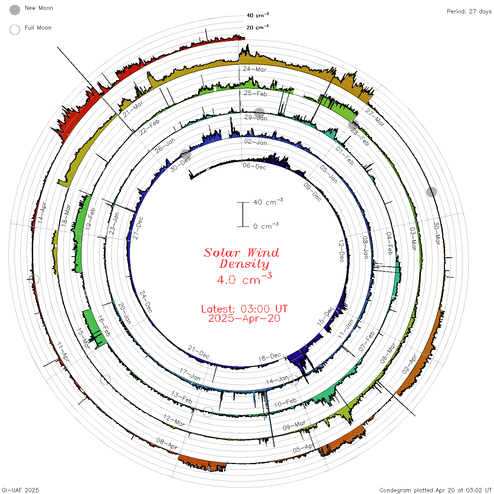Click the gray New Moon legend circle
(x=15, y=10)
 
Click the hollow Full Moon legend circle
(x=15, y=30)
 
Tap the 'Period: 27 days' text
(x=469, y=12)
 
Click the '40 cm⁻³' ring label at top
(x=258, y=15)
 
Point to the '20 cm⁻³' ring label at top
(x=258, y=27)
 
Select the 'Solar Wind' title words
(x=241, y=253)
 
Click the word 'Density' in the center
(x=244, y=264)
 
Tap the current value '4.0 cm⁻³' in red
(x=245, y=279)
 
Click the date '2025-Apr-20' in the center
(x=244, y=319)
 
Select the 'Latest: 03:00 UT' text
(x=245, y=309)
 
